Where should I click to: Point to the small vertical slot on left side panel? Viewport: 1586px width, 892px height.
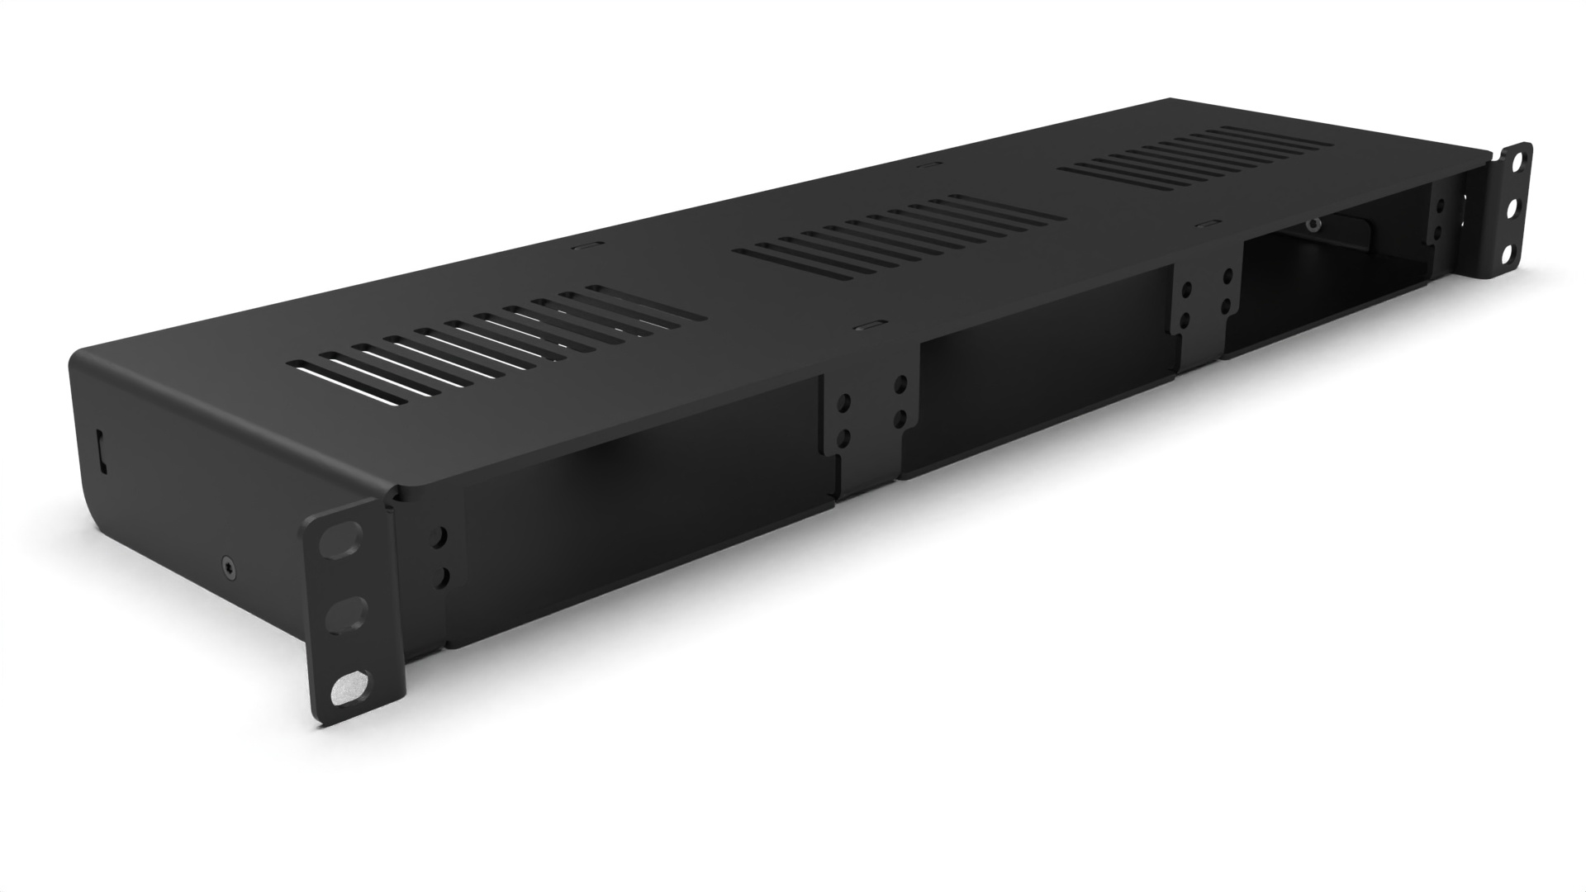pos(102,450)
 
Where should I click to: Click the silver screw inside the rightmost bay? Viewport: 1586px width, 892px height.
pos(1312,224)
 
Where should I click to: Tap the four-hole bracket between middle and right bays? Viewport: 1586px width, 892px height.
pos(1206,297)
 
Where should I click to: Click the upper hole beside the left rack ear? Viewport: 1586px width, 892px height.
pos(440,537)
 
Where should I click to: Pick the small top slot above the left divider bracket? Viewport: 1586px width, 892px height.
pos(872,325)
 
